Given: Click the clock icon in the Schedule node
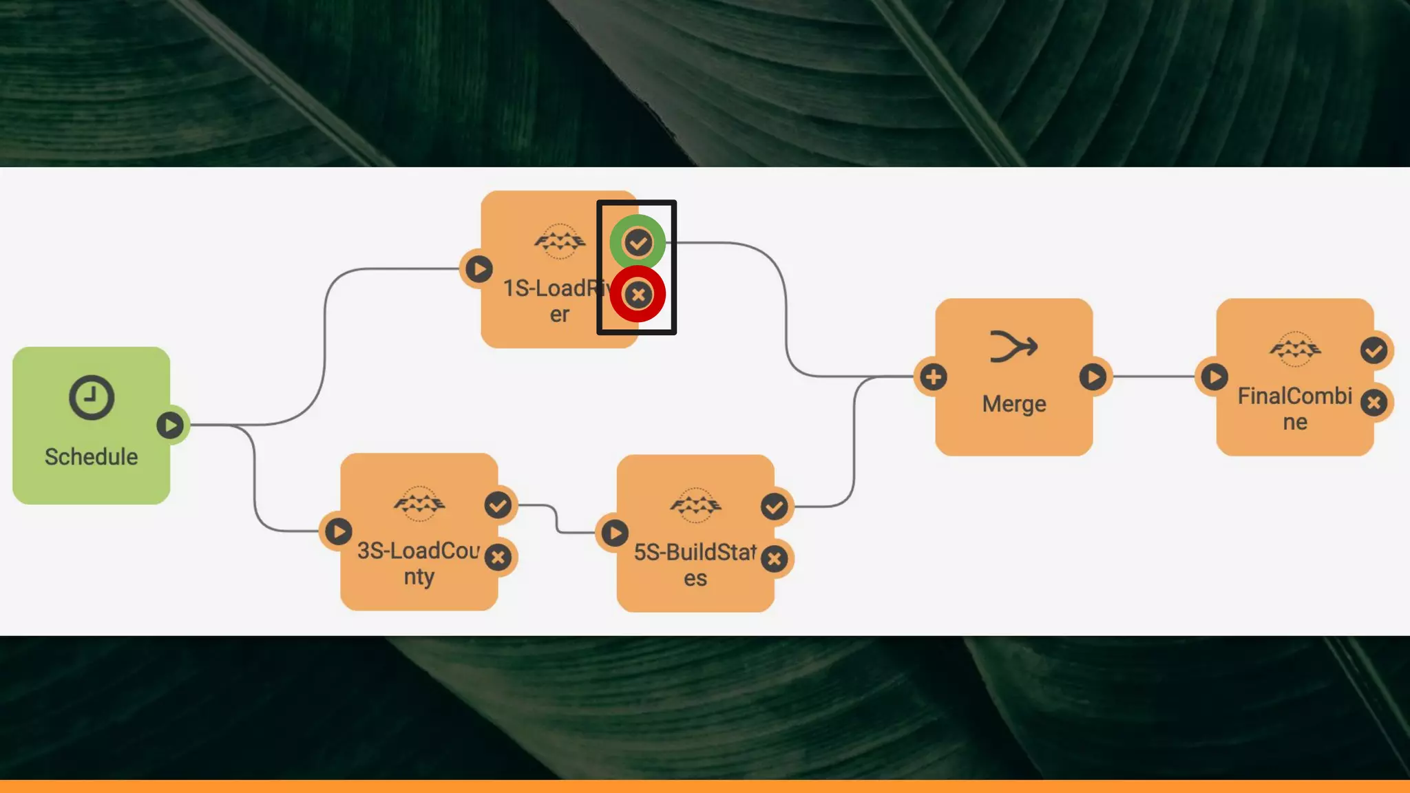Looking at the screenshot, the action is [92, 397].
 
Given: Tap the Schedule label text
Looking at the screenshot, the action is [92, 456].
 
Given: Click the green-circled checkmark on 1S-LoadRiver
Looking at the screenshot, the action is [638, 242].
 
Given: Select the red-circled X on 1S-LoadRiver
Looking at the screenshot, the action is [638, 295].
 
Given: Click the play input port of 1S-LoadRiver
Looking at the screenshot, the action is [479, 268].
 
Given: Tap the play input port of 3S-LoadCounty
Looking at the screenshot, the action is [338, 531].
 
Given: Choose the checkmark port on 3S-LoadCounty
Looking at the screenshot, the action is [498, 505].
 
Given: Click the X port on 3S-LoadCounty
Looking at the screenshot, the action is [498, 557].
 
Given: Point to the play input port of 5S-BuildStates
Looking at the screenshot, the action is [615, 533].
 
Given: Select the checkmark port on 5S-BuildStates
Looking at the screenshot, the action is [775, 507].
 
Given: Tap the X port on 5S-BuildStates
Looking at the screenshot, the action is [775, 559].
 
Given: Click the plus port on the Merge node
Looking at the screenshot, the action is [934, 377].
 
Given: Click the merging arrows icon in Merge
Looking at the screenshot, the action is [1013, 346].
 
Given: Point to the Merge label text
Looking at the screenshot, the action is [1014, 403].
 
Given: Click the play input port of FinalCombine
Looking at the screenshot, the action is [1214, 377].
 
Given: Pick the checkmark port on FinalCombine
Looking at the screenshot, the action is [1374, 350].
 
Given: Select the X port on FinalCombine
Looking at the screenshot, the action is [1374, 403].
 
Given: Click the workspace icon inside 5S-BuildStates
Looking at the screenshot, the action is [695, 506].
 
